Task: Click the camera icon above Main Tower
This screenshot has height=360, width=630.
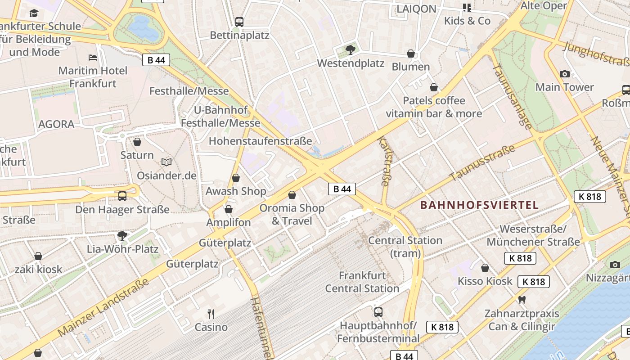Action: pos(564,74)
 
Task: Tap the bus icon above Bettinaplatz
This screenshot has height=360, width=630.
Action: pos(239,22)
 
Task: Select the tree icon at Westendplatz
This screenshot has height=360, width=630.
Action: pos(350,50)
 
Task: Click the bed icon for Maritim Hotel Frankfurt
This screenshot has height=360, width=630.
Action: pos(93,58)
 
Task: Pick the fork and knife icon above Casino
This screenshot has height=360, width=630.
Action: pos(211,314)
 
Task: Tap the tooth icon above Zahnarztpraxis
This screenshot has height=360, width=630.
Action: pos(522,300)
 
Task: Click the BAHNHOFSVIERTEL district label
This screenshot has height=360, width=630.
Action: pos(479,205)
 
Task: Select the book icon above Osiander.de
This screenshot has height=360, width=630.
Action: pos(166,162)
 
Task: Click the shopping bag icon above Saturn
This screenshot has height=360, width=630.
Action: pos(137,142)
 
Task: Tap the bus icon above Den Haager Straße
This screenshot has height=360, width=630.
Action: pos(122,196)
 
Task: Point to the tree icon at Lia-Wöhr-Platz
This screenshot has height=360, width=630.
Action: pos(122,235)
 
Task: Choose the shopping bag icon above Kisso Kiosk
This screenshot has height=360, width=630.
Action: pos(485,268)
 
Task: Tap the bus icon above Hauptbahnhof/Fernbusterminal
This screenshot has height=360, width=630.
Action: pos(378,312)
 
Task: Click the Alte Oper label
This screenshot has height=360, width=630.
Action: pos(544,6)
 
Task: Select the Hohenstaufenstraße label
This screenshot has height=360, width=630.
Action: pos(260,141)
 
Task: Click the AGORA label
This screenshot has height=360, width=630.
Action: pos(56,124)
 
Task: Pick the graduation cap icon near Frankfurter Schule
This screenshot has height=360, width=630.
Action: pos(34,13)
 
